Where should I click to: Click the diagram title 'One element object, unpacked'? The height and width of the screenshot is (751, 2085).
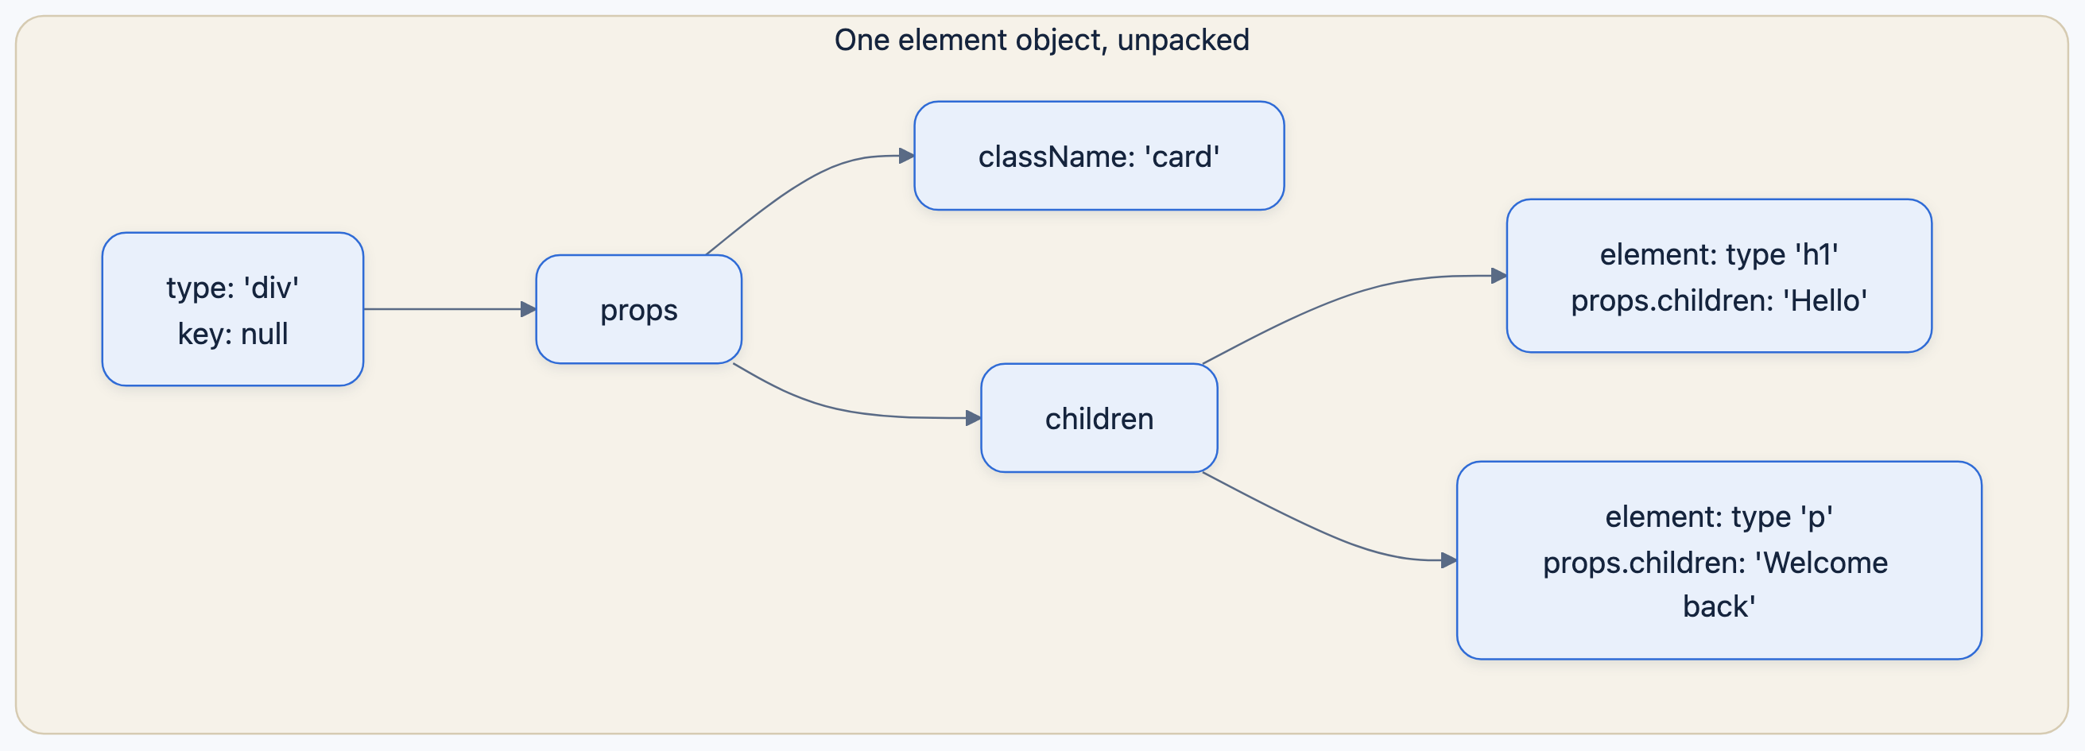[1041, 40]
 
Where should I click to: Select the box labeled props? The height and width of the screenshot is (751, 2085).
[638, 309]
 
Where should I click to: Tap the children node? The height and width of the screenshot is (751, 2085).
[1099, 417]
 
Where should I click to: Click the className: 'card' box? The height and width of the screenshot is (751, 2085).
[1099, 156]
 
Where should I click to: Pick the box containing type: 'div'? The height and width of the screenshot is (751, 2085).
[233, 309]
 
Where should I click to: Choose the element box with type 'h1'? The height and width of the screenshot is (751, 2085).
[1719, 276]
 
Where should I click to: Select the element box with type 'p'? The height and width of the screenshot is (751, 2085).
[1719, 560]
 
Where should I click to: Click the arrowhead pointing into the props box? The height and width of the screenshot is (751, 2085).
[529, 309]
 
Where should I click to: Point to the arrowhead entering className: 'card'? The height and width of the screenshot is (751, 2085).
[907, 156]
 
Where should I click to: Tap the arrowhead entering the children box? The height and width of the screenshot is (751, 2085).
[974, 417]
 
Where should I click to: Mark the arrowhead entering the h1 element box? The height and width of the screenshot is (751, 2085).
[1499, 276]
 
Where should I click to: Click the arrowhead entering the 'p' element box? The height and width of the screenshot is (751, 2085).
[1449, 560]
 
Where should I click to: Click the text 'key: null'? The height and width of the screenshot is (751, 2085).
[233, 334]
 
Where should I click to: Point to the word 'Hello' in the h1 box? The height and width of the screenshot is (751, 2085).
[1825, 300]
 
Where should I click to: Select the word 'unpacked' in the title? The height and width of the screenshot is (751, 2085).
[1184, 40]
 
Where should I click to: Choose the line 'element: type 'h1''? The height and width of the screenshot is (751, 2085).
[1719, 254]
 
